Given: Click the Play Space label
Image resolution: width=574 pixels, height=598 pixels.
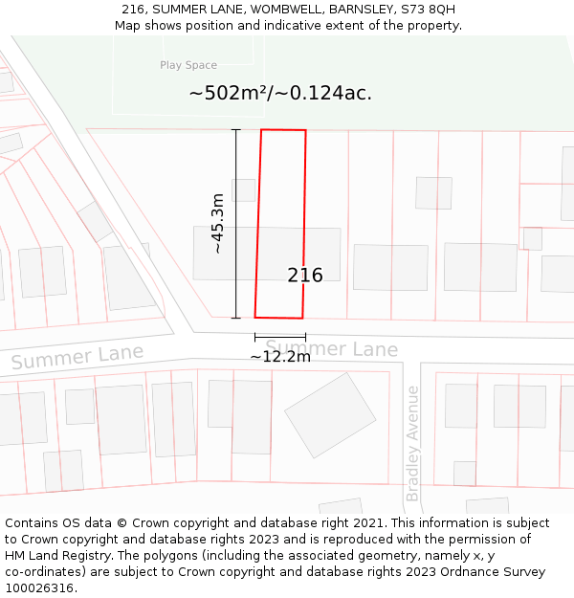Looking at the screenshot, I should (x=188, y=65).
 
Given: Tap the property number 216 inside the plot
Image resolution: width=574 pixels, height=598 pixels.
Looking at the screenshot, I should (x=305, y=276).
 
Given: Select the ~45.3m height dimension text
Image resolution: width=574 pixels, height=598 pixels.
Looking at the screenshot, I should (x=218, y=223).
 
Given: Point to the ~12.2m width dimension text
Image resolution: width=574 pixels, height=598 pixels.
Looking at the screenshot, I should (x=280, y=357).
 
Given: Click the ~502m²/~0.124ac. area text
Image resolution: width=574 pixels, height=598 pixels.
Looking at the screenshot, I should (x=280, y=93).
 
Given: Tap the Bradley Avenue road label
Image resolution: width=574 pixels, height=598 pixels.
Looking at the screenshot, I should (x=412, y=443).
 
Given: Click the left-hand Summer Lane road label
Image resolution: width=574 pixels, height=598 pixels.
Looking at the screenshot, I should (x=77, y=358).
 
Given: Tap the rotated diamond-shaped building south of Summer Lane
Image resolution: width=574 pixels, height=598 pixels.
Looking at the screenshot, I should (x=330, y=414).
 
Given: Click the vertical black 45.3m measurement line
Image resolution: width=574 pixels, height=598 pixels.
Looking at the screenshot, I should (x=236, y=223).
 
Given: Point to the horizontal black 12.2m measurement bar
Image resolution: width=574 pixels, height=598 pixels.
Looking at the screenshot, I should (x=280, y=337).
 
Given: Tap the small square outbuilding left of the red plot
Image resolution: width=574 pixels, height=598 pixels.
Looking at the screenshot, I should (x=244, y=189).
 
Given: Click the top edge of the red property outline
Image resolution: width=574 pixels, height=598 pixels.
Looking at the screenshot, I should (x=284, y=130).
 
